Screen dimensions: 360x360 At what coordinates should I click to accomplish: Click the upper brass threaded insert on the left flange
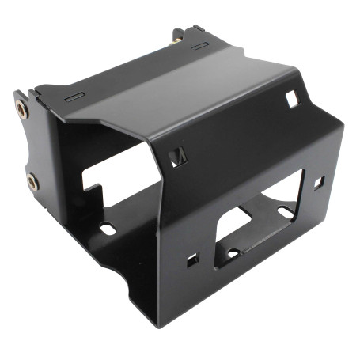(21, 110)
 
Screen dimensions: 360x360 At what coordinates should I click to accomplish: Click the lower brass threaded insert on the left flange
(32, 182)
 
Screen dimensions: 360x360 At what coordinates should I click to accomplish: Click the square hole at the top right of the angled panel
(292, 99)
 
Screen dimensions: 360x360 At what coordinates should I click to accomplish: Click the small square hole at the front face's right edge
(319, 182)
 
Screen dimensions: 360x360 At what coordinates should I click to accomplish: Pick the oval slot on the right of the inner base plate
(283, 212)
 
